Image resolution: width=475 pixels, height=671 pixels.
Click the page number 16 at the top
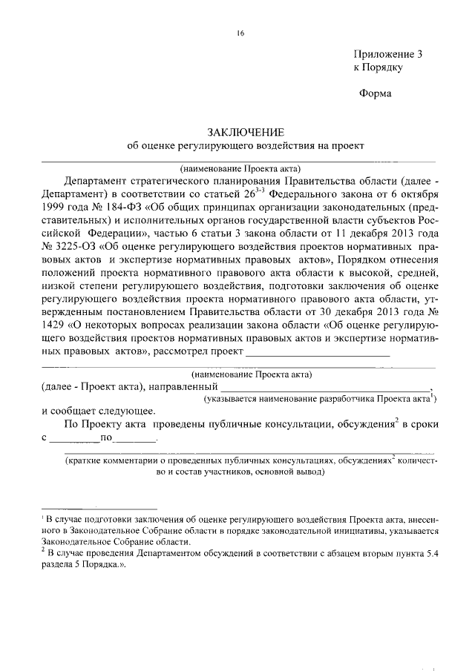(x=240, y=33)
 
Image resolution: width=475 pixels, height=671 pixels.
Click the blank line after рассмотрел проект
(x=317, y=355)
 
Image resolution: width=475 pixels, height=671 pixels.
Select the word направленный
(x=183, y=387)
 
